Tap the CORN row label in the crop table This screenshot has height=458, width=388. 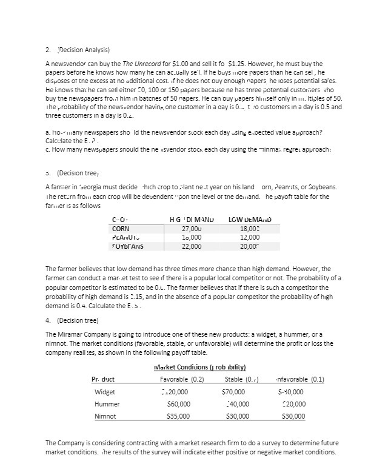coord(122,228)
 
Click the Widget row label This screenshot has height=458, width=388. coord(106,392)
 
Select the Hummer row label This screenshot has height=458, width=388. coord(108,404)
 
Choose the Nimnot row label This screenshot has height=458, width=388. coord(107,416)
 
